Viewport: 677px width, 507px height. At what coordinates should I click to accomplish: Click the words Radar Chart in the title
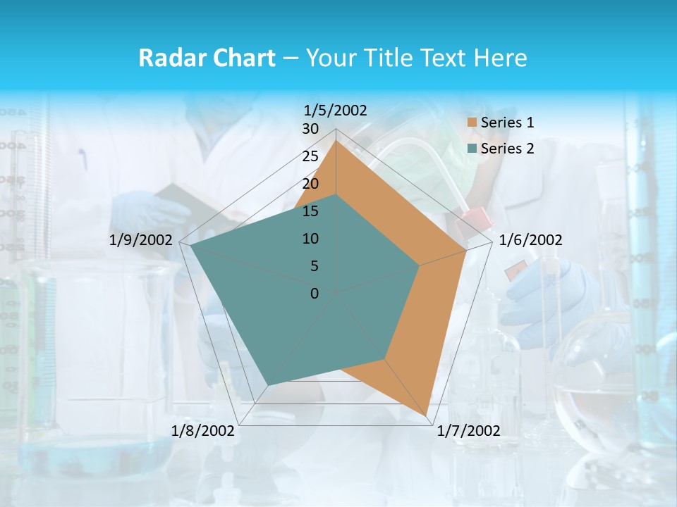(206, 58)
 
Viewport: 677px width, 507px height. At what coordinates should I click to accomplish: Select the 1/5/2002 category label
(335, 110)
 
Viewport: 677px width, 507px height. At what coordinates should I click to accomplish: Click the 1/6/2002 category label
(530, 240)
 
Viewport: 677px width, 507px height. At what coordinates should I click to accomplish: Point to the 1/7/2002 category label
(468, 431)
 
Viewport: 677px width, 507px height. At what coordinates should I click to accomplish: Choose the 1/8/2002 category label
(203, 431)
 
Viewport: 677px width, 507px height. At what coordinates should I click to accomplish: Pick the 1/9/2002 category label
(141, 240)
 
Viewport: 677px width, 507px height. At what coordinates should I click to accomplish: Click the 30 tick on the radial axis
(310, 129)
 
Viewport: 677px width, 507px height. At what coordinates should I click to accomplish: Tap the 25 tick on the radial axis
(310, 156)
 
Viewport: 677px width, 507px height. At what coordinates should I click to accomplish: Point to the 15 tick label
(310, 211)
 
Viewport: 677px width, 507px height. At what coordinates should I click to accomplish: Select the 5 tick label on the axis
(314, 266)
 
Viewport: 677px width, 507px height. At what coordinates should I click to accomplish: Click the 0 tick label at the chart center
(315, 294)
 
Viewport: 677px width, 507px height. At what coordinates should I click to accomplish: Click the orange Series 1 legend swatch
(472, 123)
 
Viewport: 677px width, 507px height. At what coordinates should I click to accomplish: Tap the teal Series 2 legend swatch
(472, 149)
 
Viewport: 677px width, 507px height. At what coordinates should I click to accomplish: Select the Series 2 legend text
(507, 149)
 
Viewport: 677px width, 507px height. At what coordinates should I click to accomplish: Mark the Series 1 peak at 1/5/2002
(336, 140)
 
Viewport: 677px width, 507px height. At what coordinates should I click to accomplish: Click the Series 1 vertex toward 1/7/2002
(427, 415)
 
